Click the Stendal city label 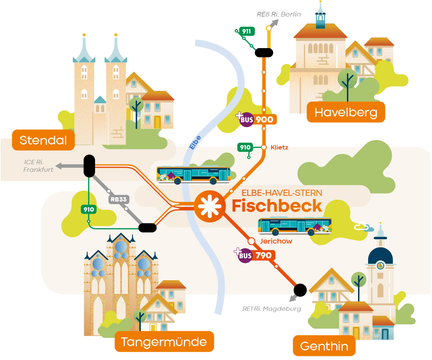(x=43, y=140)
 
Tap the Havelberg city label (x=346, y=112)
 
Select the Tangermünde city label (x=164, y=341)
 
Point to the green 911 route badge (x=246, y=31)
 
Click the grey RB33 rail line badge (x=119, y=200)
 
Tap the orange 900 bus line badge (x=265, y=120)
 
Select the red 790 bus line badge (x=264, y=255)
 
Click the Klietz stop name (x=279, y=147)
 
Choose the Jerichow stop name (x=276, y=241)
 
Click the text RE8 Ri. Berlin (x=279, y=14)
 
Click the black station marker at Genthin (x=300, y=289)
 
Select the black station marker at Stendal (x=89, y=166)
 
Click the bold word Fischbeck (x=277, y=206)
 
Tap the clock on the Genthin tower (x=380, y=266)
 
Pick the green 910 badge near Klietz (x=245, y=147)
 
